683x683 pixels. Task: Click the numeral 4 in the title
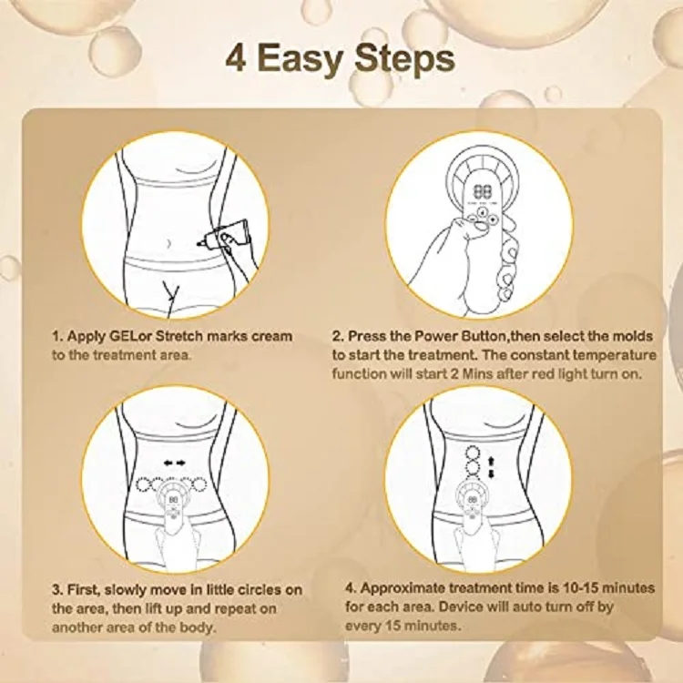(x=236, y=58)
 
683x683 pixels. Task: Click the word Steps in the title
(x=404, y=61)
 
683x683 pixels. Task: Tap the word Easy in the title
(x=301, y=61)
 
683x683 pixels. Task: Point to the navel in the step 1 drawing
(x=169, y=243)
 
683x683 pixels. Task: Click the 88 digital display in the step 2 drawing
(x=480, y=191)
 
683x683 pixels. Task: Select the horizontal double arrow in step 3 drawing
(x=175, y=463)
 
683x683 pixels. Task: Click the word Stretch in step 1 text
(x=179, y=336)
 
